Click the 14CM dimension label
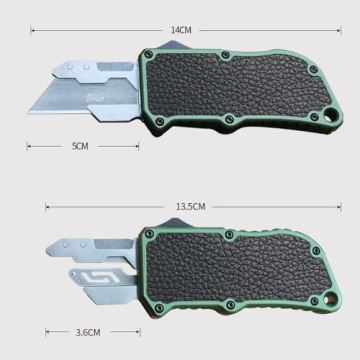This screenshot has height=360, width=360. [x=180, y=31]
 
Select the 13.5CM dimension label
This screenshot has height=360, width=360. [x=190, y=207]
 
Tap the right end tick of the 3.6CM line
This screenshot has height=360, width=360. [x=128, y=331]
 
